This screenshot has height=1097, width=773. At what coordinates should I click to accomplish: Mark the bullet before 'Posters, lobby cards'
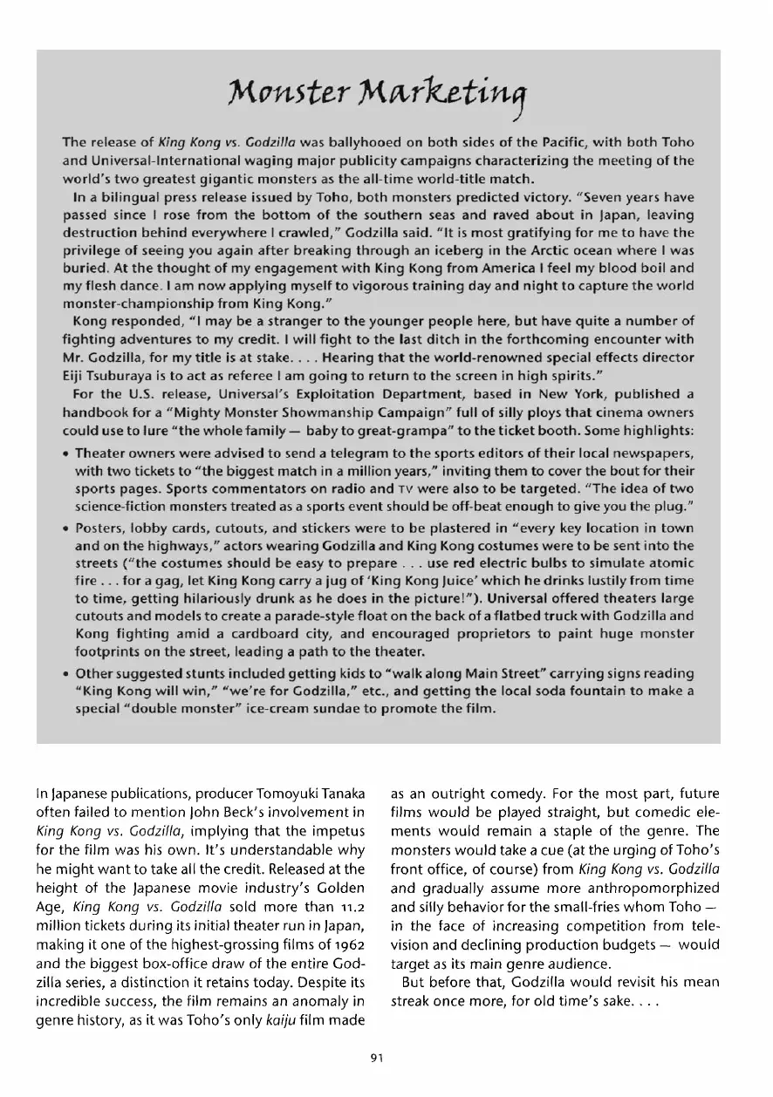point(66,529)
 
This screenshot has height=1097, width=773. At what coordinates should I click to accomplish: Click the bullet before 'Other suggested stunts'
point(66,674)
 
